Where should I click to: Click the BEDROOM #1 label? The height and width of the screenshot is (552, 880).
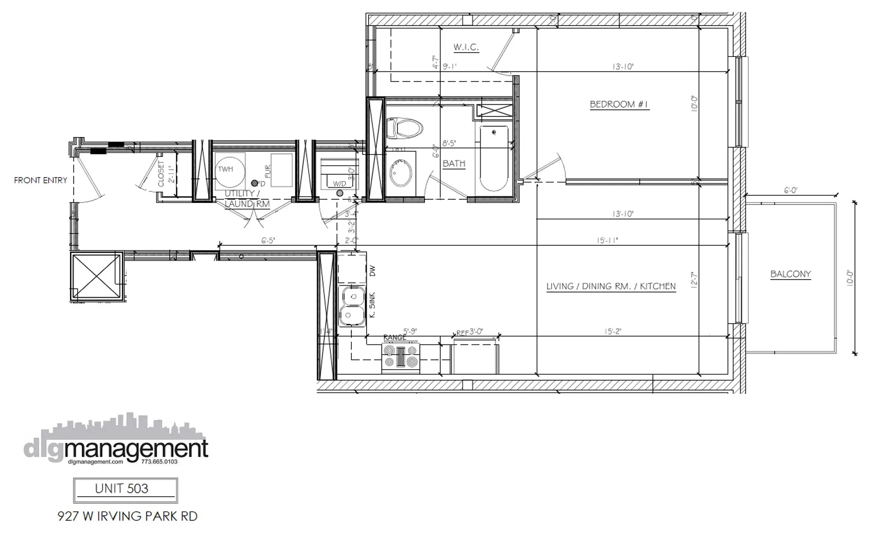(619, 104)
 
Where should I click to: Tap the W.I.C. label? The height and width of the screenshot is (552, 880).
(466, 48)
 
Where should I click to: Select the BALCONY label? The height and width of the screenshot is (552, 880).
(791, 274)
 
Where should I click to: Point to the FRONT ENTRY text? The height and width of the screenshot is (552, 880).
(40, 180)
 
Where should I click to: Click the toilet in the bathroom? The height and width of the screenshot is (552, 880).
(404, 128)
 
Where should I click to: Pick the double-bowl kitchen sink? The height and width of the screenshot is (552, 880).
(351, 306)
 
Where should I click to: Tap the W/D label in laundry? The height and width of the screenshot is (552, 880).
(340, 183)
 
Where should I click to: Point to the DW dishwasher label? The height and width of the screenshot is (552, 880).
(372, 271)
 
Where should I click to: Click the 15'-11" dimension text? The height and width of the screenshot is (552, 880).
(607, 240)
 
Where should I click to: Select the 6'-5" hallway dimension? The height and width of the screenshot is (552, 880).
(268, 240)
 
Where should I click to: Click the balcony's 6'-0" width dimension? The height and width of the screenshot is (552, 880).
(791, 190)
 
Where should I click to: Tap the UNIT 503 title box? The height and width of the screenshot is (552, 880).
(126, 490)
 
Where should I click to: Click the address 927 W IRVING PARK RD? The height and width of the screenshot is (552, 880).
(127, 516)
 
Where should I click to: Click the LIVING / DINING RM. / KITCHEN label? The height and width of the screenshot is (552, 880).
(611, 286)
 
